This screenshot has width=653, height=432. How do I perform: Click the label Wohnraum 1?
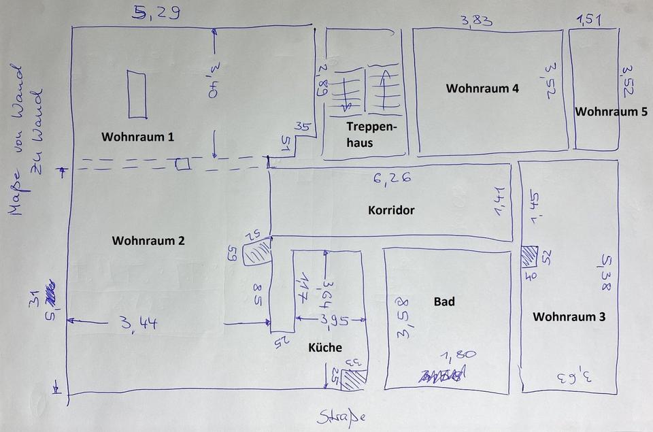point(137,137)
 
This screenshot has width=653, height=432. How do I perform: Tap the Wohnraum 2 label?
point(148,240)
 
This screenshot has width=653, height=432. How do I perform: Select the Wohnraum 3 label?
point(569,317)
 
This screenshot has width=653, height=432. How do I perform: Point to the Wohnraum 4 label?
point(482,88)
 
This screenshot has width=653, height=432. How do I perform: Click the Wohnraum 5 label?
point(611,112)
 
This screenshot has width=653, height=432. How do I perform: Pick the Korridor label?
point(391,210)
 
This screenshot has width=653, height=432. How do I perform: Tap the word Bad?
point(444,301)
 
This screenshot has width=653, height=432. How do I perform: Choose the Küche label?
point(325,348)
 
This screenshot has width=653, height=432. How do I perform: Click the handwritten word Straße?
point(341,414)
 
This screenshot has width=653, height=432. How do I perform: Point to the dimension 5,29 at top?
point(156,13)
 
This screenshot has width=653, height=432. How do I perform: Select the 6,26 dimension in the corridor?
point(391,180)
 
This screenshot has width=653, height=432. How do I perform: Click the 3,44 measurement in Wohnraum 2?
point(139,323)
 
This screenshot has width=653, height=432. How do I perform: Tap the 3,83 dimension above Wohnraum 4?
point(476,20)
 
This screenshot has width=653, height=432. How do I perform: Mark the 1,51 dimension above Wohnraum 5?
point(589,20)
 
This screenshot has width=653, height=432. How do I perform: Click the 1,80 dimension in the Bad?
point(458,354)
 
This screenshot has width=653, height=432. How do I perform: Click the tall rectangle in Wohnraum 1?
point(137,94)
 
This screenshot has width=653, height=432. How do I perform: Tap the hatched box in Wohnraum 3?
point(529,256)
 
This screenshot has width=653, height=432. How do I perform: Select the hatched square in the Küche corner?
point(354,380)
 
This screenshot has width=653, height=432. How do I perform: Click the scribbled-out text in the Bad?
point(443,373)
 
